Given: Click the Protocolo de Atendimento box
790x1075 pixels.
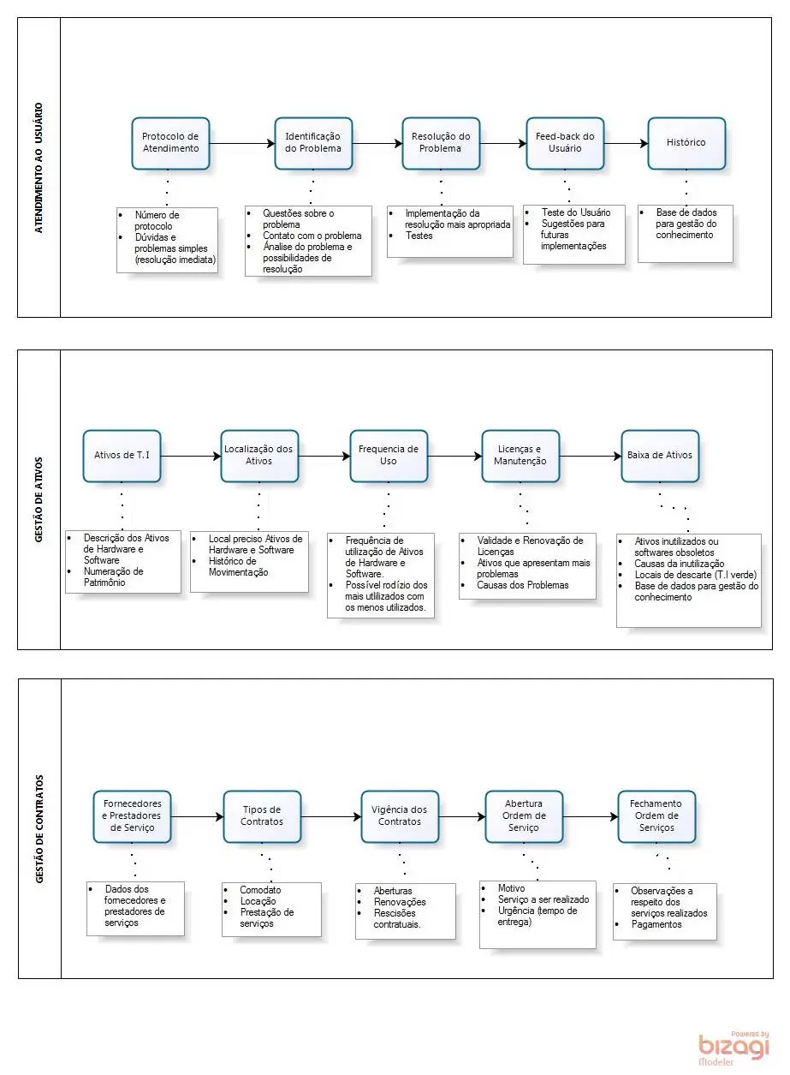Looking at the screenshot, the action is point(170,143).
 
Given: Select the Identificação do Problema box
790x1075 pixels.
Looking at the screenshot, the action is point(313,143).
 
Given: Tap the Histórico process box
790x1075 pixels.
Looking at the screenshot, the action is point(686,143).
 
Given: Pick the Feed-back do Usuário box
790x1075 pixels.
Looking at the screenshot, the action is point(565,143).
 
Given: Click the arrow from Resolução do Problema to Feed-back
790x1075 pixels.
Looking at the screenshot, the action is point(503,143).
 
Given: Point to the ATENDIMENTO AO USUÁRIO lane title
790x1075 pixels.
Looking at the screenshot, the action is point(39,168).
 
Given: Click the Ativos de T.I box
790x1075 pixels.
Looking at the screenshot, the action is point(122,456).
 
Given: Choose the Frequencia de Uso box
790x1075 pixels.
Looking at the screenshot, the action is point(389,456).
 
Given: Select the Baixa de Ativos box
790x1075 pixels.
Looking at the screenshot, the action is point(660,456).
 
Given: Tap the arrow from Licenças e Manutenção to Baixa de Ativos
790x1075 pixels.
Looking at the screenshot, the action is point(591,456).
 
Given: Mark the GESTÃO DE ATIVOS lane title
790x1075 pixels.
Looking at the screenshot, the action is point(39,499).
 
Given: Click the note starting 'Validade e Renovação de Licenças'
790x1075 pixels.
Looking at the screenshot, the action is point(527,566).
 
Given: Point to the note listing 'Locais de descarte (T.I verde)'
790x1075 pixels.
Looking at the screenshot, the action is point(689,581).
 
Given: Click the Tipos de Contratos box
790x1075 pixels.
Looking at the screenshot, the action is point(262,816).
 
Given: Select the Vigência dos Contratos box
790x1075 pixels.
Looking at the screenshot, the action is point(400,816).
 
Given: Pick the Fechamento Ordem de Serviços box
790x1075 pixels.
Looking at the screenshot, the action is point(656,816).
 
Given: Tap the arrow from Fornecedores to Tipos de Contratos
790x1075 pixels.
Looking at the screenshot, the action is point(197,816).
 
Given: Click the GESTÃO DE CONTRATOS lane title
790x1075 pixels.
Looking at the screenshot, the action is point(39,829).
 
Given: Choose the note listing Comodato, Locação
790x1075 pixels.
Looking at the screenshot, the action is point(271,910).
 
